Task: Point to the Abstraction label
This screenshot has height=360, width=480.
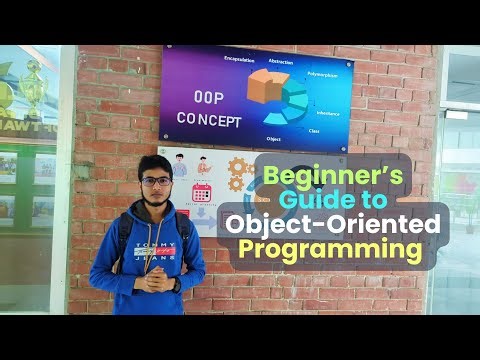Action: tap(281, 62)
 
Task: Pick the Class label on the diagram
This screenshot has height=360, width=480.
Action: tap(313, 130)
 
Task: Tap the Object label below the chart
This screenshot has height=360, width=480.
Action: tap(273, 138)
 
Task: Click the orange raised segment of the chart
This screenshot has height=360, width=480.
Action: tap(262, 88)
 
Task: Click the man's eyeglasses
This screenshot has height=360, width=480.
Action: tap(157, 182)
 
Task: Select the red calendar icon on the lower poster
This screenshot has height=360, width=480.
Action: tap(202, 193)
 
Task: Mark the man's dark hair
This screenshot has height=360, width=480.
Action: tap(157, 165)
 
